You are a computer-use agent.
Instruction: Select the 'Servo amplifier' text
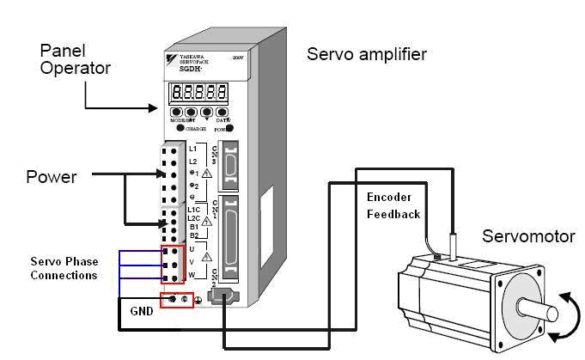(367, 56)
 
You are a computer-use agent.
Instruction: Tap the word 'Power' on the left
(52, 177)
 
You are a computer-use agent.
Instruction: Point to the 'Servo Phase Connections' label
(64, 268)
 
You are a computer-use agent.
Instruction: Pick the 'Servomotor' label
(525, 235)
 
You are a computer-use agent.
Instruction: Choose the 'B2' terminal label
(193, 235)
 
